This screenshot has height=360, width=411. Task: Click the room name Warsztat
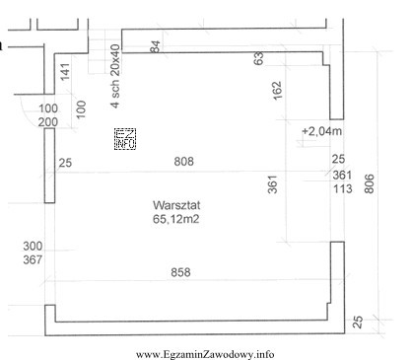[176, 205]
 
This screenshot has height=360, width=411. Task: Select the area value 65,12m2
[175, 219]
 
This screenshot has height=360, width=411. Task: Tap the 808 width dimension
[183, 162]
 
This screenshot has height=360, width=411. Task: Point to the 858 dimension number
[180, 272]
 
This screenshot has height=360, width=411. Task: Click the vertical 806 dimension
[370, 183]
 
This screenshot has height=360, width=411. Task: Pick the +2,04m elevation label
[321, 131]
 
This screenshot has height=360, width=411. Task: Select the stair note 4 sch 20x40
[115, 76]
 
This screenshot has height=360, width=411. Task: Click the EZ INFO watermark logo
[125, 139]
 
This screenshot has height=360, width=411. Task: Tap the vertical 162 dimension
[277, 90]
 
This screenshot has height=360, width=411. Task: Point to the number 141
[65, 72]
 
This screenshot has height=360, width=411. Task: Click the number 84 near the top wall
[155, 46]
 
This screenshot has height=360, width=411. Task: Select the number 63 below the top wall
[259, 58]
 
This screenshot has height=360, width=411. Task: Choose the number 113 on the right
[343, 189]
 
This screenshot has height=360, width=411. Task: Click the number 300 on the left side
[33, 246]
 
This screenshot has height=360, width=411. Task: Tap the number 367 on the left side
[33, 259]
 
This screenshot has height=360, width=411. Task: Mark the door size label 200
[48, 122]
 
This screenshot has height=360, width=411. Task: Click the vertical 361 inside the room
[273, 184]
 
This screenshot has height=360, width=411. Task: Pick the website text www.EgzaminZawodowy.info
[205, 354]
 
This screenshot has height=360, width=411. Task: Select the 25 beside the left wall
[65, 163]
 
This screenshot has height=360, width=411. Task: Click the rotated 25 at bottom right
[358, 322]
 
